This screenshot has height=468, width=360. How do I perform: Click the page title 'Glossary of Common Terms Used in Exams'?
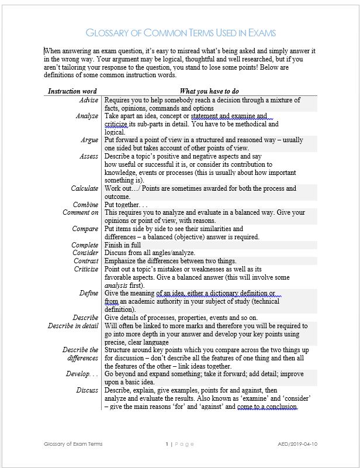[x=180, y=33]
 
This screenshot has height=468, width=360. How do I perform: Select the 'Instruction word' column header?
[x=72, y=91]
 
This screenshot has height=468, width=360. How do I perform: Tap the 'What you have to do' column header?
[x=209, y=91]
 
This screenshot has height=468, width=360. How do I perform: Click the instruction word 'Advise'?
[x=88, y=100]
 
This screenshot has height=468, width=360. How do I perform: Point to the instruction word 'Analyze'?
[x=87, y=116]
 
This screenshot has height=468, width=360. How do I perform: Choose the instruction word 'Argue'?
[x=89, y=140]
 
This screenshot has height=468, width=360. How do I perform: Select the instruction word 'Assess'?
[x=89, y=157]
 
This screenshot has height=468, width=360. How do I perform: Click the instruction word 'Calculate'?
[x=85, y=189]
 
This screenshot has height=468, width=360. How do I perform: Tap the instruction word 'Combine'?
[x=85, y=205]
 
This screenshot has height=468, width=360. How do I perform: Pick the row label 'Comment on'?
[x=81, y=213]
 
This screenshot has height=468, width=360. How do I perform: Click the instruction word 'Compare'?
[x=85, y=229]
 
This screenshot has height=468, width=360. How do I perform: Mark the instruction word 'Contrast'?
[x=85, y=261]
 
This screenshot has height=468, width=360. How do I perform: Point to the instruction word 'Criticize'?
[x=85, y=269]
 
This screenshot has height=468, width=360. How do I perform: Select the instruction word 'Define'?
[x=89, y=293]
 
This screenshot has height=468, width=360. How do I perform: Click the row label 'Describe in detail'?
[x=73, y=326]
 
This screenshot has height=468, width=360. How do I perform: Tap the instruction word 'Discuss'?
[x=87, y=390]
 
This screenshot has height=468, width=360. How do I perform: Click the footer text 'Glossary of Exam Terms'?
[x=73, y=444]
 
